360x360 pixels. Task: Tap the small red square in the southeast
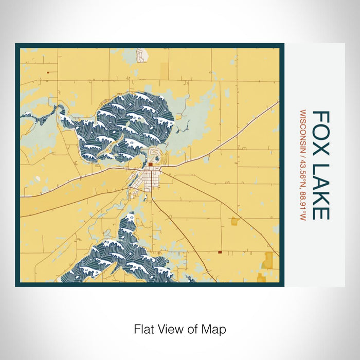pyautogui.click(x=220, y=253)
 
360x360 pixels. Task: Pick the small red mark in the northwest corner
pyautogui.click(x=47, y=73)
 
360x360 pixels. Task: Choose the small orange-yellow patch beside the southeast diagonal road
pyautogui.click(x=235, y=222)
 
